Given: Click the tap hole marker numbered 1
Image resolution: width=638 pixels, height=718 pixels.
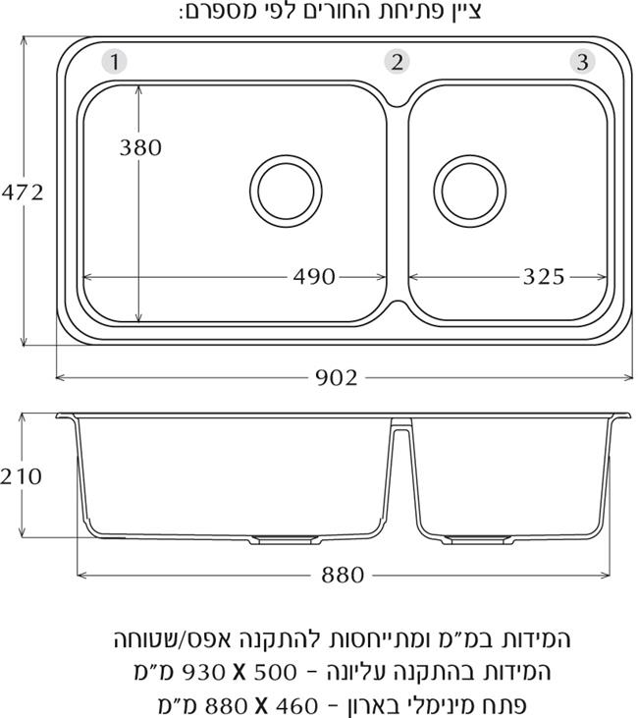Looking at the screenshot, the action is point(115,61).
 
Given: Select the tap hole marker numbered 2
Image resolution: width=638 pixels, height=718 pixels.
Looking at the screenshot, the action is point(397,61).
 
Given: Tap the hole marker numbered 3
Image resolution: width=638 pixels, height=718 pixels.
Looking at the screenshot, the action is point(582,61).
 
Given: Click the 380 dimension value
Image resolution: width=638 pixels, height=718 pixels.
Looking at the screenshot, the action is point(140,147).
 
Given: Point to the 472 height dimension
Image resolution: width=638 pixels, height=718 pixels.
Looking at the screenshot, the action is point(23,193).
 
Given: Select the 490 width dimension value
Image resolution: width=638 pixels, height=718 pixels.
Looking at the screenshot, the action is point(314,277).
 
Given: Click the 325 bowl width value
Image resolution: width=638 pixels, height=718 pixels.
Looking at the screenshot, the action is point(544,277).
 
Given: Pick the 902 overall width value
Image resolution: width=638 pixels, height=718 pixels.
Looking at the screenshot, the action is point(337,378).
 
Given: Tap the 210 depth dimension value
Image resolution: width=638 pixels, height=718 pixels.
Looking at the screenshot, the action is point(21,476).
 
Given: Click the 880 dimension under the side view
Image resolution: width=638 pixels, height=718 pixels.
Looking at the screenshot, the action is point(343,575).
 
